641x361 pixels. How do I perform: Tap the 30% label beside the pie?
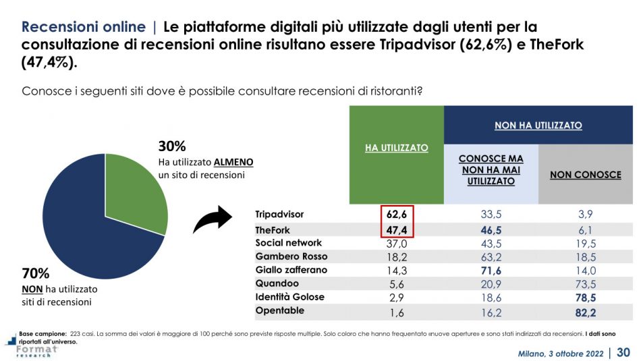coord(172,146)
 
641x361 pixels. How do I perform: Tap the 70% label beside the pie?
coord(36,274)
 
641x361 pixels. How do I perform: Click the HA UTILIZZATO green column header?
coord(396,147)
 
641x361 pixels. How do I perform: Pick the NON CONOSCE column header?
coord(585,174)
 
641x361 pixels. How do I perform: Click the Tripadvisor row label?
coord(279,215)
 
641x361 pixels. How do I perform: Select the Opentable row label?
coord(279,311)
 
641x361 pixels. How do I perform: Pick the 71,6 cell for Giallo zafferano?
coord(491,270)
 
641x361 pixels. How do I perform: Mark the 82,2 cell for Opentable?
coord(586,311)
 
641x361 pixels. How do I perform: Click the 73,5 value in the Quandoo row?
coord(586,283)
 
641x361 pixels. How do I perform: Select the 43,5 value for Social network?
coord(491,243)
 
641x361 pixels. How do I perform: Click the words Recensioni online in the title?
coord(84,27)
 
